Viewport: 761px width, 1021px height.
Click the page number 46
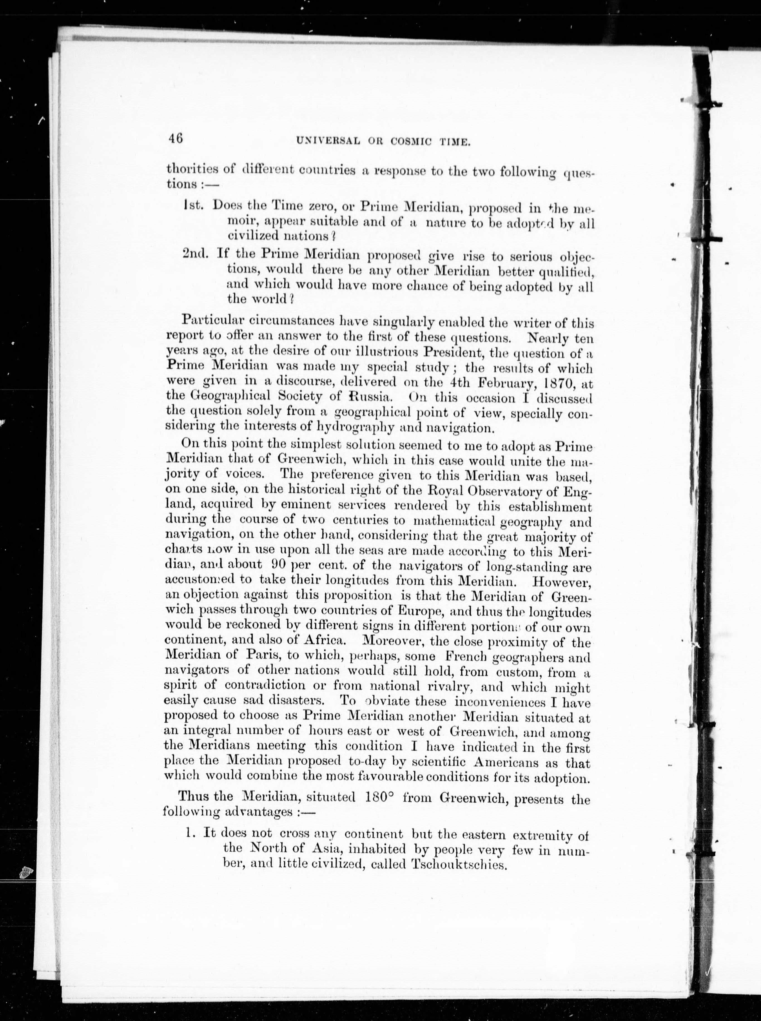pos(175,138)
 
